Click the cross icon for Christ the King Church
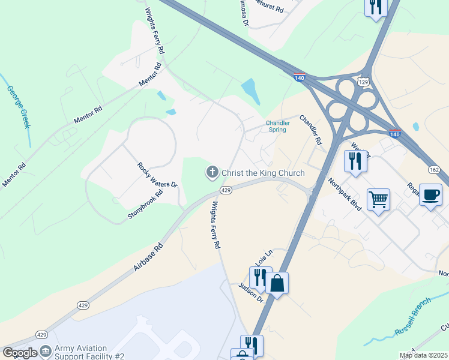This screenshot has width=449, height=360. (x=212, y=173)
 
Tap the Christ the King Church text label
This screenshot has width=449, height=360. (x=263, y=173)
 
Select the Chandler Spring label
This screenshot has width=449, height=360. (x=278, y=126)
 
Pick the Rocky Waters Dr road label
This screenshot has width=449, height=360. (x=157, y=175)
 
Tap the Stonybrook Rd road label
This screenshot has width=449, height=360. (x=145, y=204)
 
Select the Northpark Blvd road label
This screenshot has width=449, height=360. (x=345, y=193)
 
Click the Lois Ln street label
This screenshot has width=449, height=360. (x=264, y=259)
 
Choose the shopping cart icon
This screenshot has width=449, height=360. (x=378, y=199)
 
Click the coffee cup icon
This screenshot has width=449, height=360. (x=431, y=194)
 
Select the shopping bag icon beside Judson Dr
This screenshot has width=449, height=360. (x=277, y=283)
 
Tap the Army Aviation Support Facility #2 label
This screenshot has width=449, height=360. (x=89, y=352)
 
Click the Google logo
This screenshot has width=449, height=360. (x=20, y=353)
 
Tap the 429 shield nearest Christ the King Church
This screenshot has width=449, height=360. (x=225, y=190)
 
